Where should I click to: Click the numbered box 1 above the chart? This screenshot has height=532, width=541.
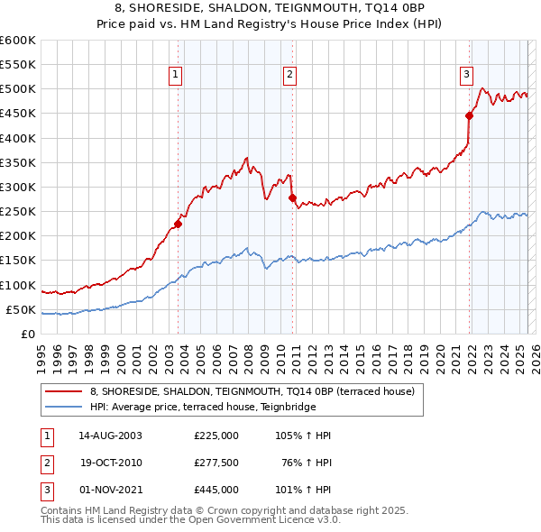pyautogui.click(x=175, y=76)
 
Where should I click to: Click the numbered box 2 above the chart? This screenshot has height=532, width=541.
pyautogui.click(x=289, y=76)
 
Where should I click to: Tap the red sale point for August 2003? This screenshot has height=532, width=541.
pyautogui.click(x=179, y=225)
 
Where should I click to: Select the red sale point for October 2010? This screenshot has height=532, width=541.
pyautogui.click(x=292, y=198)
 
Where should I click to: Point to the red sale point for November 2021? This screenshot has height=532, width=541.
pyautogui.click(x=470, y=115)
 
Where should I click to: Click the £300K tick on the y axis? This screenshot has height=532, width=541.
pyautogui.click(x=18, y=188)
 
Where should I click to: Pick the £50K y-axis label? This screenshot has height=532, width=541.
pyautogui.click(x=21, y=310)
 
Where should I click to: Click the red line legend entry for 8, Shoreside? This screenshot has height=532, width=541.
pyautogui.click(x=252, y=391)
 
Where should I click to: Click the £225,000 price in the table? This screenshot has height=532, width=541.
pyautogui.click(x=216, y=436)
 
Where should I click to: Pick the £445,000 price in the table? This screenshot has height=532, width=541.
pyautogui.click(x=216, y=490)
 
